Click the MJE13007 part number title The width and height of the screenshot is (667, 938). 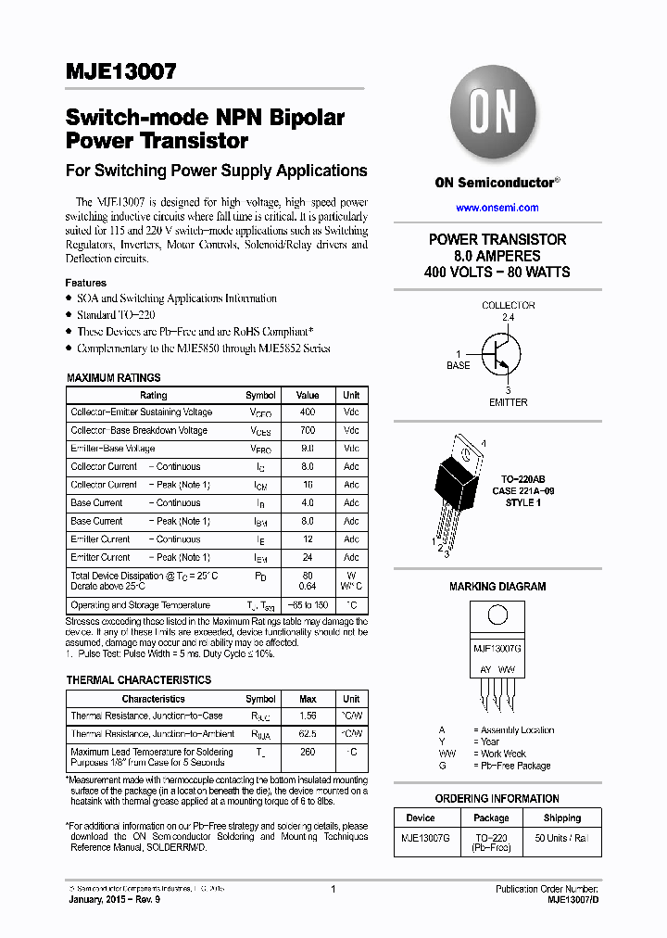pyautogui.click(x=120, y=72)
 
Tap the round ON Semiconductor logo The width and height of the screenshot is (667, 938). pyautogui.click(x=494, y=116)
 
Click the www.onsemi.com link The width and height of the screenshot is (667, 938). pyautogui.click(x=497, y=208)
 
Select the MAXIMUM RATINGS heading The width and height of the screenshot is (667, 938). pyautogui.click(x=113, y=378)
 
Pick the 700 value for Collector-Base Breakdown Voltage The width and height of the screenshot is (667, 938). pyautogui.click(x=308, y=431)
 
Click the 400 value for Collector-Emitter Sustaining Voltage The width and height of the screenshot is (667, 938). pyautogui.click(x=308, y=412)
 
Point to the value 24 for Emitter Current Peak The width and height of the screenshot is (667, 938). pyautogui.click(x=308, y=558)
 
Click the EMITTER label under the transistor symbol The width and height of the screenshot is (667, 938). pyautogui.click(x=508, y=402)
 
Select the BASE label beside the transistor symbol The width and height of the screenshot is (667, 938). pyautogui.click(x=459, y=365)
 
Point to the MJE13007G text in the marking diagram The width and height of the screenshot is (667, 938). pyautogui.click(x=497, y=649)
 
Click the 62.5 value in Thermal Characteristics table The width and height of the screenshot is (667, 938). pyautogui.click(x=308, y=734)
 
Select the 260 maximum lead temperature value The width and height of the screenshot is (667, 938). pyautogui.click(x=308, y=753)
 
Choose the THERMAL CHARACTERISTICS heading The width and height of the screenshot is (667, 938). pyautogui.click(x=138, y=679)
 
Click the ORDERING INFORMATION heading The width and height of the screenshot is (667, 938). pyautogui.click(x=497, y=798)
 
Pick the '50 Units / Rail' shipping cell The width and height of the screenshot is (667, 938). pyautogui.click(x=562, y=838)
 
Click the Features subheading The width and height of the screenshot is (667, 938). pyautogui.click(x=85, y=283)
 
